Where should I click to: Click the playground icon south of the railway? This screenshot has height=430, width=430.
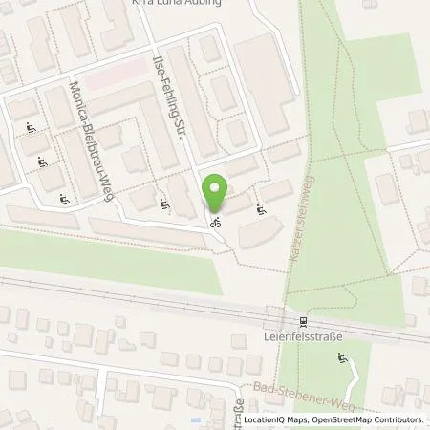pyautogui.click(x=340, y=359)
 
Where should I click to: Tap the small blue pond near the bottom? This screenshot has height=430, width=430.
pyautogui.click(x=196, y=419)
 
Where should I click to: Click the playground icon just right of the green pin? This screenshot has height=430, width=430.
pyautogui.click(x=261, y=204)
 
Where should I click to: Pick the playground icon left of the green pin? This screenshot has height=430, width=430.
pyautogui.click(x=165, y=203)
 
